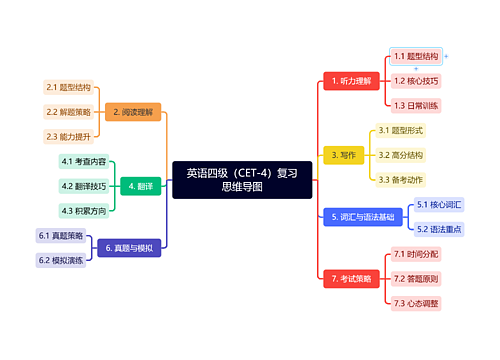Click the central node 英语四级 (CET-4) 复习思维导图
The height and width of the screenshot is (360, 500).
[242, 180]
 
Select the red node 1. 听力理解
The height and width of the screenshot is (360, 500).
[349, 80]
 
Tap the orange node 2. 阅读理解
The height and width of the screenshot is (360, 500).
[135, 112]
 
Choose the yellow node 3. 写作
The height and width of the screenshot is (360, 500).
[341, 155]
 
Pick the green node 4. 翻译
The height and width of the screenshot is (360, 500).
[140, 186]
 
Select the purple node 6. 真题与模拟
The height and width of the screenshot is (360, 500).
[130, 247]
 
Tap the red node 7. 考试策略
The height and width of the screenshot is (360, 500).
[350, 278]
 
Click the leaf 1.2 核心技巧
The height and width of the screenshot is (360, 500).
[416, 80]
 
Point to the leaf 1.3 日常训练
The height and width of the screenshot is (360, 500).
[416, 104]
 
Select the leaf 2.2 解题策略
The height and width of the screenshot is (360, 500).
[68, 112]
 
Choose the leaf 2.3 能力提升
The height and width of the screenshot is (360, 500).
[68, 136]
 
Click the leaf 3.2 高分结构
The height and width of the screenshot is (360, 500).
[400, 155]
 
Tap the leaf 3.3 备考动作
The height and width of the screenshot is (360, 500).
[400, 179]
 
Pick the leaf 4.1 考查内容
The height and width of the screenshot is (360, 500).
[83, 162]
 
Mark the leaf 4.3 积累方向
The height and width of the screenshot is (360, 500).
[83, 210]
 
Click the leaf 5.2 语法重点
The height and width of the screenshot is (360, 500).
[440, 228]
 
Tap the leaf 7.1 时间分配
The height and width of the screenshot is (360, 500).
[416, 254]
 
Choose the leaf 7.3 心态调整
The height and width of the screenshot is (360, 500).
[416, 302]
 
